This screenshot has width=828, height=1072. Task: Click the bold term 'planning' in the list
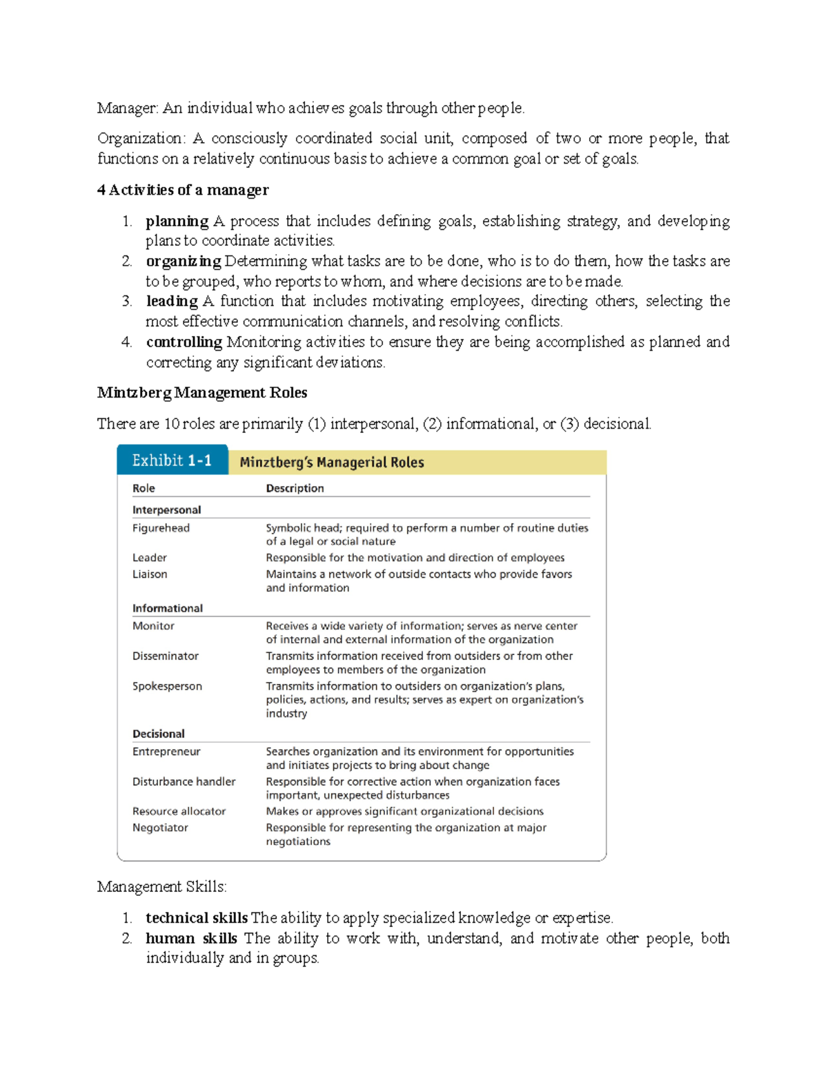click(x=177, y=222)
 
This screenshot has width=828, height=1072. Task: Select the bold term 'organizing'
click(x=183, y=262)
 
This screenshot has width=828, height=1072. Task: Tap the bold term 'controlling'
click(x=184, y=342)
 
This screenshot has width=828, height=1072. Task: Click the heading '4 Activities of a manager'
click(x=183, y=190)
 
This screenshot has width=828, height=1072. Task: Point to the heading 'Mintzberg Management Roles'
click(x=202, y=393)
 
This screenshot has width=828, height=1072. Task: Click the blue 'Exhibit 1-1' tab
click(x=172, y=460)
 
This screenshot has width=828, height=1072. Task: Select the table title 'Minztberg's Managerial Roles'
click(x=332, y=462)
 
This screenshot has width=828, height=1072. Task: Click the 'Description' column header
click(x=295, y=488)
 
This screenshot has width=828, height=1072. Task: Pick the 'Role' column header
click(x=144, y=488)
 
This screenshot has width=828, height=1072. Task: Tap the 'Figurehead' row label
click(x=161, y=528)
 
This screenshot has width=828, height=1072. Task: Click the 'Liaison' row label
click(x=150, y=574)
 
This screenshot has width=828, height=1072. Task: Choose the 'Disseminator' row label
click(x=166, y=656)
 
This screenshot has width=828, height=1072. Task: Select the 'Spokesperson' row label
click(x=167, y=686)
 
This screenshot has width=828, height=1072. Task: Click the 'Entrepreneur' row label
click(x=166, y=752)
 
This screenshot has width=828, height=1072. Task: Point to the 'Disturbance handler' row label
click(x=184, y=781)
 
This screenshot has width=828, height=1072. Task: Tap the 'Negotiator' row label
click(x=160, y=828)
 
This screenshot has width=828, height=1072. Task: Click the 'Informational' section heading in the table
click(x=168, y=608)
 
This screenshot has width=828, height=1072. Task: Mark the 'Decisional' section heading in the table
click(x=159, y=734)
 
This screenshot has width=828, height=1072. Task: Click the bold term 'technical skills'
click(x=197, y=918)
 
